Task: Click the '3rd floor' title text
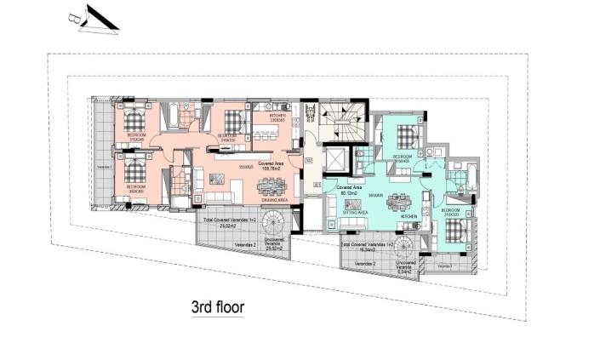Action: (217, 307)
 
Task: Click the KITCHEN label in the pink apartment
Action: (278, 118)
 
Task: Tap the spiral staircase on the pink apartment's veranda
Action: (275, 226)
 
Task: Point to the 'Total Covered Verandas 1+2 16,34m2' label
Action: (367, 248)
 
